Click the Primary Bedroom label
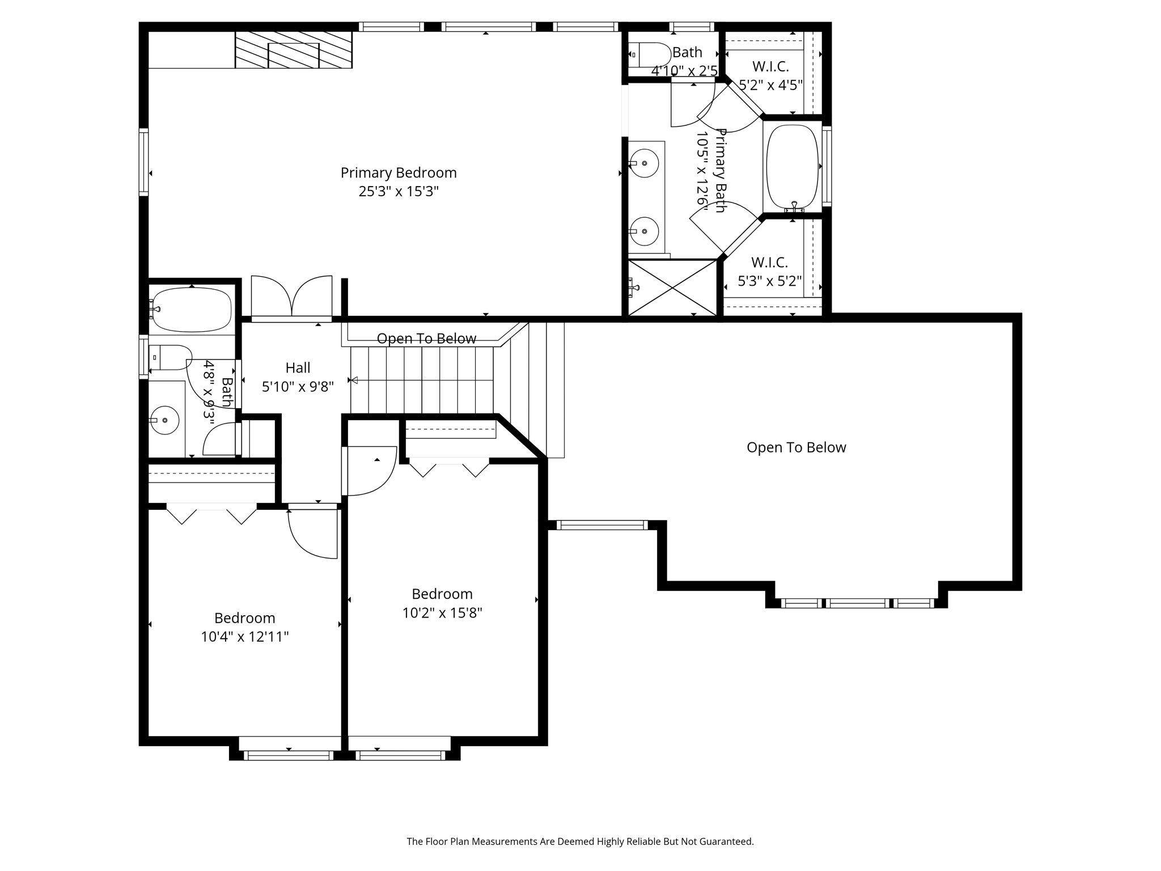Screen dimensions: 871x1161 point(398,172)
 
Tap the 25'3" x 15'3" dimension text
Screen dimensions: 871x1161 point(398,192)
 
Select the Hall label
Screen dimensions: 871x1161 point(298,368)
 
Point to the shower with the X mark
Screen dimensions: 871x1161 point(672,288)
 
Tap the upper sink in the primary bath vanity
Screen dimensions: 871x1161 point(644,163)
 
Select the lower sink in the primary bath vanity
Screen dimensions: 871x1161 point(644,231)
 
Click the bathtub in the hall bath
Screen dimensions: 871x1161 point(192,310)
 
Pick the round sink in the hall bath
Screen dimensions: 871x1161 point(165,420)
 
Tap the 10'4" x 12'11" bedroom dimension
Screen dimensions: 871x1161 point(244,637)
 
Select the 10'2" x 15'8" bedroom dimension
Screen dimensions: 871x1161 point(442,613)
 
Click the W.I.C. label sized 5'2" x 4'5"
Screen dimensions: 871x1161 point(770,67)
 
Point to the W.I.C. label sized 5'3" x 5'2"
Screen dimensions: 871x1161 point(769,263)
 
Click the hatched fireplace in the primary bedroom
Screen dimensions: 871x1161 point(294,50)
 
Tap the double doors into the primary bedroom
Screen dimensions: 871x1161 point(291,298)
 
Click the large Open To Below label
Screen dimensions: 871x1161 point(796,447)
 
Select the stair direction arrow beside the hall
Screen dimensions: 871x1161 point(354,380)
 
